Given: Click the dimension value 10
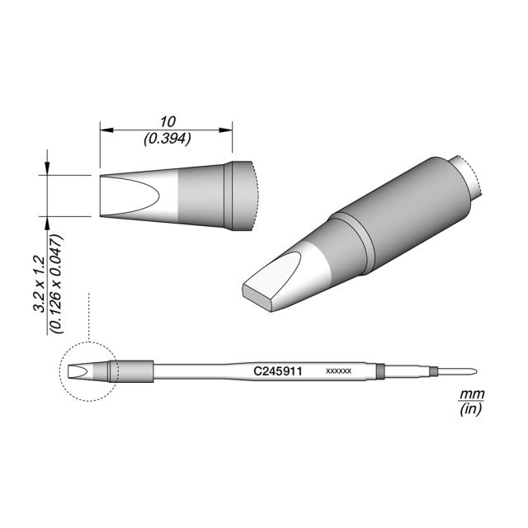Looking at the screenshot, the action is coord(167,122).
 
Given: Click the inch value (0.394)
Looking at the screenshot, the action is coord(167,139).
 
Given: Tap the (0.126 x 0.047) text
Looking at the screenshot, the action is coord(56,284).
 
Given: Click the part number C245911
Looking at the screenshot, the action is coord(277,371).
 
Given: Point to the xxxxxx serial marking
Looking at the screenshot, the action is coord(339,371).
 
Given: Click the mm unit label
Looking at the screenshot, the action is coord(472,394).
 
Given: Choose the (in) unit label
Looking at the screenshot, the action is coord(471,409).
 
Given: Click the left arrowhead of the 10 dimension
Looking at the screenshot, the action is coord(106,130).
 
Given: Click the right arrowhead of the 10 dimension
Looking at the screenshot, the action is coord(225,130).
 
